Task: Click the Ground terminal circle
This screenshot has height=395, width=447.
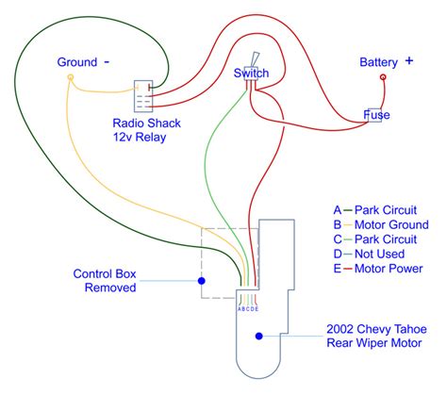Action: coord(71,77)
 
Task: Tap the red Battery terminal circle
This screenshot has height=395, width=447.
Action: coord(383,77)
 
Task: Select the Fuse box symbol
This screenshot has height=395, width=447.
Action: coord(375,115)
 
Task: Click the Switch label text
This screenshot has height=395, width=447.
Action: coord(251,74)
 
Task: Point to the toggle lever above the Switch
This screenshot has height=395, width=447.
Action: coord(255,59)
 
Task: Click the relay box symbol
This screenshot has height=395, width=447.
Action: coord(143,96)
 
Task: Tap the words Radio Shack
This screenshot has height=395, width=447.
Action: coord(146,123)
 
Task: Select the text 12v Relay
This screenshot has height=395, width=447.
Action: coord(140,138)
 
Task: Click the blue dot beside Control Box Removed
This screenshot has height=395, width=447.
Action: coord(202,281)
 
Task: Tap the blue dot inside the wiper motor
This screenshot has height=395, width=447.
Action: coord(259,337)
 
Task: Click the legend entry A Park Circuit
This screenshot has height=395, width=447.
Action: coord(375,210)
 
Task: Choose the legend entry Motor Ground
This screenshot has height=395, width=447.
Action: coord(381,224)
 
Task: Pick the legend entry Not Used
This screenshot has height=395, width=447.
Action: coord(369,254)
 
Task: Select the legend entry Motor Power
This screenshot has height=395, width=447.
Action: coord(378,269)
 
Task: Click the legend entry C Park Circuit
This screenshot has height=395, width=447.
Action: coord(375,239)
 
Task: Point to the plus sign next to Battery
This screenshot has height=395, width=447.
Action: coord(408,61)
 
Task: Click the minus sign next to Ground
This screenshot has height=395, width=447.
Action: coord(107,62)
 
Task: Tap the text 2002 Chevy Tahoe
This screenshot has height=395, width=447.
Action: coord(376,329)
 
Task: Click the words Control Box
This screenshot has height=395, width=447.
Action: coord(105,273)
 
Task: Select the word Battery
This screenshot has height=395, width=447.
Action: coord(378,62)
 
